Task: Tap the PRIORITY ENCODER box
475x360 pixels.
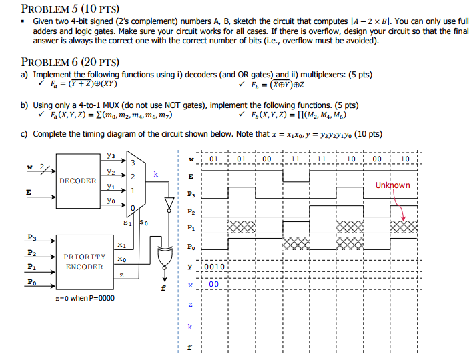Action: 84,261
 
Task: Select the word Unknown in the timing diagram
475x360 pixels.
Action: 392,185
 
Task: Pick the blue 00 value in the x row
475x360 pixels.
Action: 213,284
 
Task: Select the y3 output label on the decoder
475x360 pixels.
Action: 110,156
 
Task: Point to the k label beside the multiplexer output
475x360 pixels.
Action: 155,173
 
